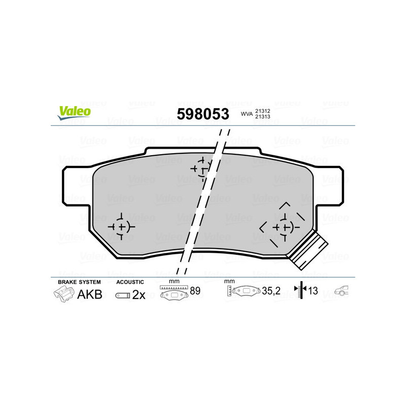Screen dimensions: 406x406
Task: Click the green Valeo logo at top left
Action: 74,112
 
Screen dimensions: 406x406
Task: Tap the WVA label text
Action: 246,114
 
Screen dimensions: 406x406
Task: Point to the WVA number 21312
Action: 262,110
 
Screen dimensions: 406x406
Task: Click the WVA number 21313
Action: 262,117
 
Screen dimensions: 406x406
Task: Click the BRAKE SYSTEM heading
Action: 79,282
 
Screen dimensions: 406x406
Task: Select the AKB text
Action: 89,294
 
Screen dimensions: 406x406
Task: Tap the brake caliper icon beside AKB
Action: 63,294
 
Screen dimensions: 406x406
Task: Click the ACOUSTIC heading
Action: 130,282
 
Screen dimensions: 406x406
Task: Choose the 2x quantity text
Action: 139,295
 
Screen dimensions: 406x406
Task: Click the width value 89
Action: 194,290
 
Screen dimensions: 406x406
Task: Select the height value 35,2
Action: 272,291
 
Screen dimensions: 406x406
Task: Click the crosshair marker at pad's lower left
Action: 121,226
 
